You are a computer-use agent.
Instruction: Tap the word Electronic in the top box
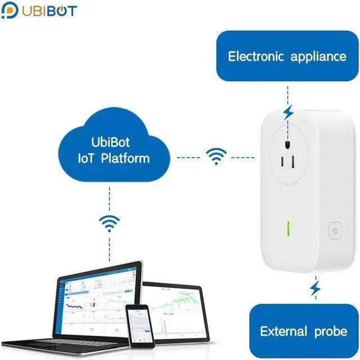(x=255, y=56)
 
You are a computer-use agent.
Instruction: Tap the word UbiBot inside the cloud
(x=114, y=142)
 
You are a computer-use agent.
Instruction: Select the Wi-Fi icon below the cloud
(x=109, y=223)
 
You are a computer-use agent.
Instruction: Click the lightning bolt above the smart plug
(x=287, y=112)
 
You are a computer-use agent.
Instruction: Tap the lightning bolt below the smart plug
(x=316, y=290)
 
